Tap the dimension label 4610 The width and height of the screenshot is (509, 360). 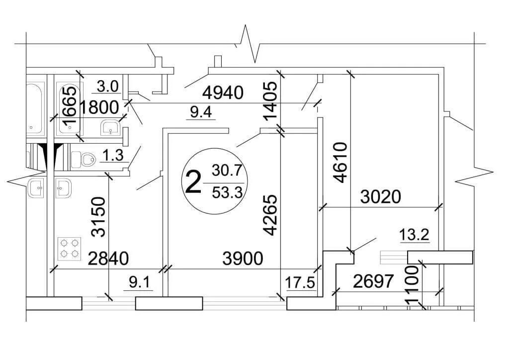click(x=341, y=163)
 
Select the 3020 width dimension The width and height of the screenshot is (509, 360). click(x=380, y=197)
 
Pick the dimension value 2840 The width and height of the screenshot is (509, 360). click(x=108, y=259)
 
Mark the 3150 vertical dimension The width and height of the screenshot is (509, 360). click(x=99, y=217)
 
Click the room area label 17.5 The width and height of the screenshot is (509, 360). click(x=301, y=283)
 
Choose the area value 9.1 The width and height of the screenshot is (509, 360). click(x=139, y=283)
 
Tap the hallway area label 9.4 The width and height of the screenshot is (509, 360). click(x=201, y=113)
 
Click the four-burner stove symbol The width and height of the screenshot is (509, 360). click(x=70, y=249)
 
